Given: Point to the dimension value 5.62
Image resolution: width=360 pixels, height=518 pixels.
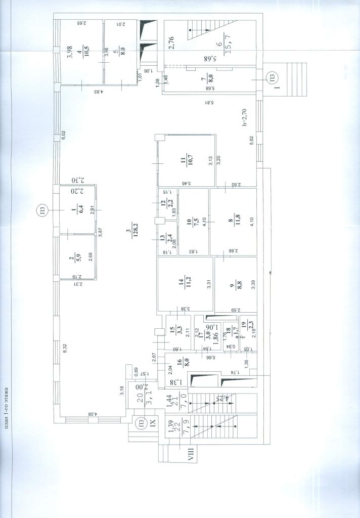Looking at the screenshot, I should (251, 143).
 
